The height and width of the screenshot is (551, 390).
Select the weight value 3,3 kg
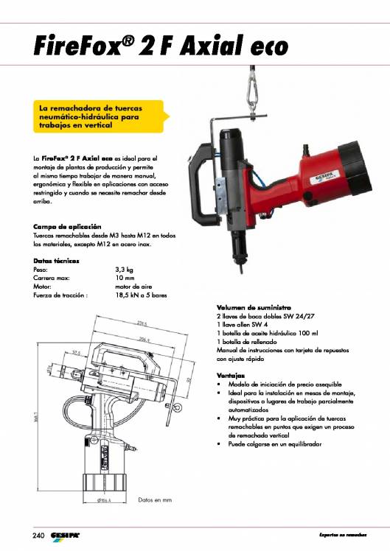(124, 270)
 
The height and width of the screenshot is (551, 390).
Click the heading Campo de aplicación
(67, 225)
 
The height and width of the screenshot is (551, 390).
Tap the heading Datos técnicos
(57, 261)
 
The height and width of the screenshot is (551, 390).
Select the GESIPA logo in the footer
(66, 534)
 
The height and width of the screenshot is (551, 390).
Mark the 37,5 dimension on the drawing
(76, 352)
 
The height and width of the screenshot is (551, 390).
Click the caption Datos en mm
(156, 499)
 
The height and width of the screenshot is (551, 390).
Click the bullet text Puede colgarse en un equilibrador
(275, 444)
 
